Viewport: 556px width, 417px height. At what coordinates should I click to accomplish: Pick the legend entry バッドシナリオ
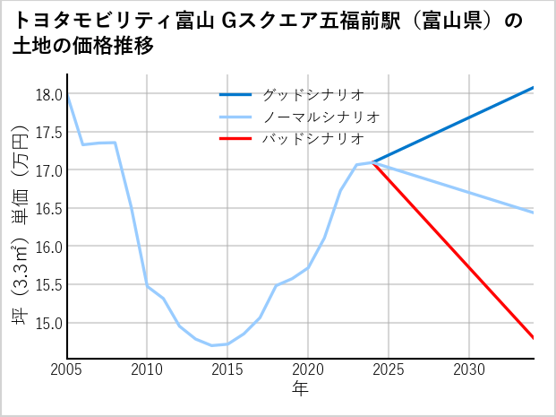click(x=312, y=139)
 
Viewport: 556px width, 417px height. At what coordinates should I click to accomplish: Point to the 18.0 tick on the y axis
click(x=48, y=94)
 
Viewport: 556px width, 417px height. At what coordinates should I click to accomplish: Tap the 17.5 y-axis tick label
click(x=48, y=133)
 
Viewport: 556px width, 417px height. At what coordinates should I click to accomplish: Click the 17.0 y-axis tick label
click(x=48, y=170)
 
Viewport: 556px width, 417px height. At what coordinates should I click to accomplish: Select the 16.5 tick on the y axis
click(x=48, y=209)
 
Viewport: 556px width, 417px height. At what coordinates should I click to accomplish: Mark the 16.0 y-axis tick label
click(x=48, y=247)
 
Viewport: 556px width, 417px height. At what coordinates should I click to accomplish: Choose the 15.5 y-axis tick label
click(x=48, y=285)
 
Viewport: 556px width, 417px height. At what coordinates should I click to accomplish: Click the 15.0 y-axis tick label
click(x=48, y=323)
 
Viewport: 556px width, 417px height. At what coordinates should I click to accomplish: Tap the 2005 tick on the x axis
click(x=67, y=369)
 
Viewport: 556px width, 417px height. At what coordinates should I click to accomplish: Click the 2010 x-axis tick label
click(x=148, y=369)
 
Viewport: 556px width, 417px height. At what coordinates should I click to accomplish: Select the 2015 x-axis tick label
click(x=227, y=369)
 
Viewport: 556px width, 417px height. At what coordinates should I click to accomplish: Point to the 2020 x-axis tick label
click(x=308, y=369)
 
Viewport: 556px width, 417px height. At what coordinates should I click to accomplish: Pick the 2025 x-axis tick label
click(x=389, y=369)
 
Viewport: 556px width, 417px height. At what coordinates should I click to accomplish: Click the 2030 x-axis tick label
click(x=469, y=369)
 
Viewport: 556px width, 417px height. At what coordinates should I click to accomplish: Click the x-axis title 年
click(x=300, y=388)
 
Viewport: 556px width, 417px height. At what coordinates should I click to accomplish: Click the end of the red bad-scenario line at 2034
click(x=533, y=338)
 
